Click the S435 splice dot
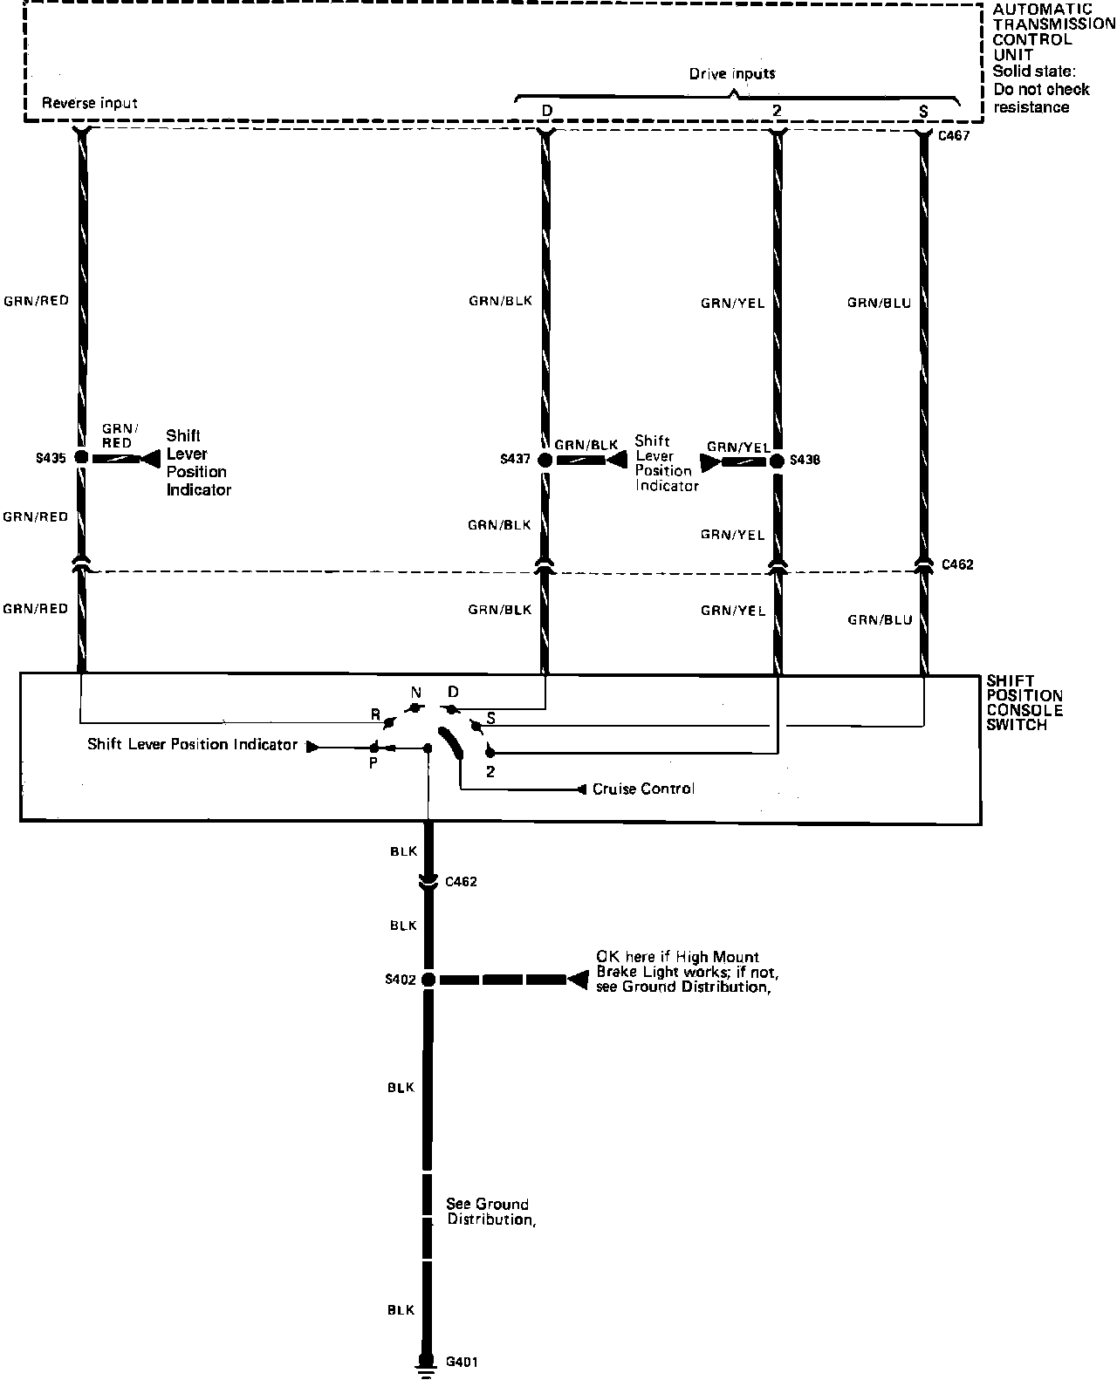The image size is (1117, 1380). coord(81,457)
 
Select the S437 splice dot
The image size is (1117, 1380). coord(545,460)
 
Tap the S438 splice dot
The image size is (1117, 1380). coord(777,460)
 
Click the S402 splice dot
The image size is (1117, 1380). coord(428,980)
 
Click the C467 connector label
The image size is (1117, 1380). coord(953,136)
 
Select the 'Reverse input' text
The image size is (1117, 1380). coord(91,103)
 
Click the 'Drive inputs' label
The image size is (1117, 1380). coord(732,73)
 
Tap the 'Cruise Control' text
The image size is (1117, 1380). coord(643,789)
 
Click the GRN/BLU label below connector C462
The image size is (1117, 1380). coord(879,620)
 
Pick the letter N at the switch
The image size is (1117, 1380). coord(415,693)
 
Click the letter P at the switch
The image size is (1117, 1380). coord(373,762)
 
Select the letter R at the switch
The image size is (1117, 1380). coord(375,714)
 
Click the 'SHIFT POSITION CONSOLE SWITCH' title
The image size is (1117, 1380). coord(1024,702)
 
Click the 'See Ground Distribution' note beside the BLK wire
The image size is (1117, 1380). coord(489,1212)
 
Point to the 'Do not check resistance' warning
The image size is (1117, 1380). coord(1041,98)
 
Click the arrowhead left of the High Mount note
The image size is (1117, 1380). coord(577,980)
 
